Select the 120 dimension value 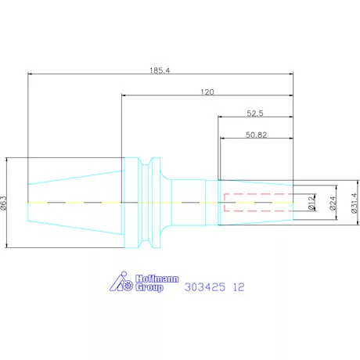click(207, 92)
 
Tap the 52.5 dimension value click(255, 113)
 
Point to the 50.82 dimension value click(256, 135)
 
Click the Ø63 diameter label click(5, 203)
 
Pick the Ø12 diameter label click(311, 203)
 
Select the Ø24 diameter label click(333, 203)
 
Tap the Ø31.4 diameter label click(354, 203)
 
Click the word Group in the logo click(149, 289)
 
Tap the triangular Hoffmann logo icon click(121, 283)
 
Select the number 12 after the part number click(238, 287)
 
